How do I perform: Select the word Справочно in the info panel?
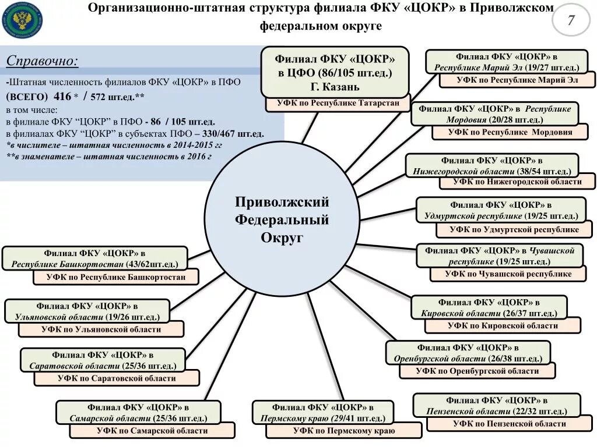coord(42,61)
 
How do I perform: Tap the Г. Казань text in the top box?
coord(334,87)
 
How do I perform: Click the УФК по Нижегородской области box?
coord(517,182)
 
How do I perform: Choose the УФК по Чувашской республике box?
coord(508,274)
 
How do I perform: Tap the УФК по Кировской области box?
coord(503,326)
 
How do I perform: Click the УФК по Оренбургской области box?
coord(477,371)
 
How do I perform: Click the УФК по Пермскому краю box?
coord(343,431)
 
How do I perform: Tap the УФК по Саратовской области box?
coord(117,378)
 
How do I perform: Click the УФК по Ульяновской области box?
coord(101,329)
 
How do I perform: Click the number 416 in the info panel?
coord(61,96)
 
